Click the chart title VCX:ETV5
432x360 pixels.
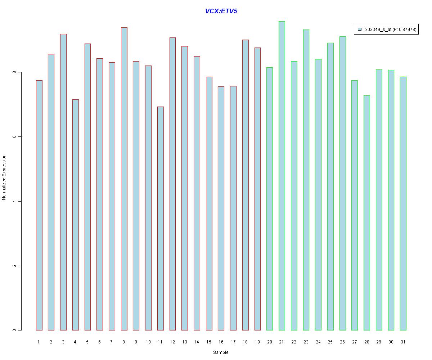(x=221, y=11)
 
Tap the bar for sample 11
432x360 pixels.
(x=160, y=218)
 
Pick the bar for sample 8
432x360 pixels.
(x=124, y=179)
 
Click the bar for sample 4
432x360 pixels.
(x=75, y=215)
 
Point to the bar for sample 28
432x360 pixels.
(x=366, y=213)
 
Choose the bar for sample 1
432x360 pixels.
(x=39, y=205)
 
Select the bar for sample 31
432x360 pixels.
(x=403, y=203)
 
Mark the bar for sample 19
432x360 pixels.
(x=257, y=189)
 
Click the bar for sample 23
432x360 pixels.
(x=306, y=180)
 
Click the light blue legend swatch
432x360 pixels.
(x=360, y=30)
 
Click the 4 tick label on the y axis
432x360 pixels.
(x=14, y=201)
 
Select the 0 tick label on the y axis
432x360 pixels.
(x=14, y=330)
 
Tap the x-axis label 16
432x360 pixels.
(x=221, y=342)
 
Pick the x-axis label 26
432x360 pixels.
(x=342, y=342)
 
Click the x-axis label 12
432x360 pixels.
(x=172, y=342)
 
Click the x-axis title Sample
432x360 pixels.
(x=221, y=352)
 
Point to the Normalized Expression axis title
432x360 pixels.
(x=4, y=177)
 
